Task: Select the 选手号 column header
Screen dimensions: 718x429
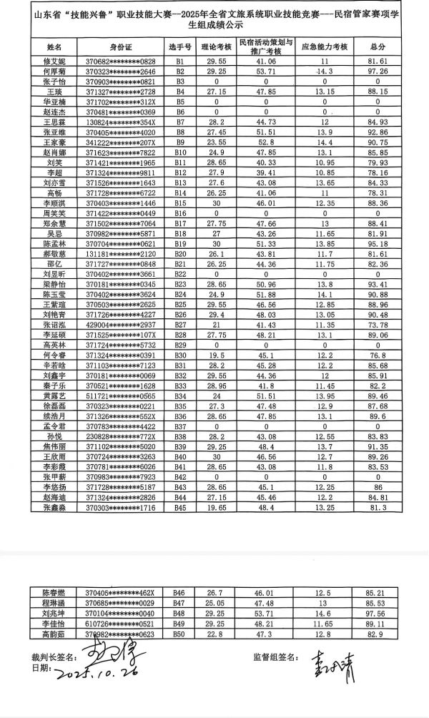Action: pos(180,47)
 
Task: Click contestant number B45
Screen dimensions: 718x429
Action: pos(180,507)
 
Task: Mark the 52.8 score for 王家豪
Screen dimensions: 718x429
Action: pos(266,143)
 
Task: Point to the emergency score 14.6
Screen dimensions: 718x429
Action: pos(325,614)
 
